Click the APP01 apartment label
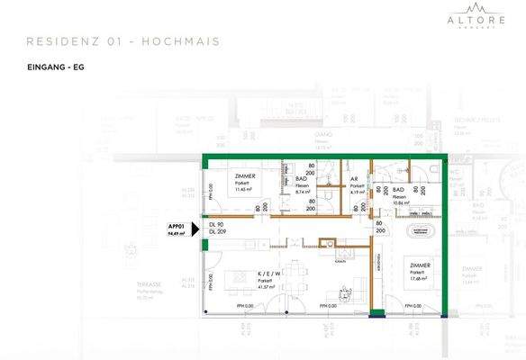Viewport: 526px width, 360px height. (176, 226)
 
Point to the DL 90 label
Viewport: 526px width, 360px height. (216, 224)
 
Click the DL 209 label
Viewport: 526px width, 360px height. (218, 232)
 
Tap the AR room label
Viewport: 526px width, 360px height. (354, 179)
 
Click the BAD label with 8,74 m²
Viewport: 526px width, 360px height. (303, 186)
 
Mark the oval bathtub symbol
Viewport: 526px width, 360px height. (422, 232)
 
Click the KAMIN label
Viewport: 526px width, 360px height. (336, 262)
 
